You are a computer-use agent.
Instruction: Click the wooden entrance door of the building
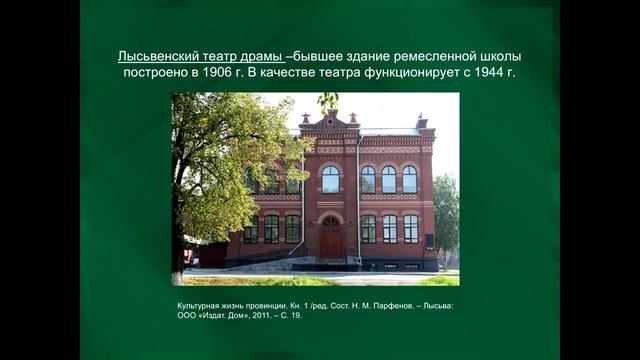tap(330, 239)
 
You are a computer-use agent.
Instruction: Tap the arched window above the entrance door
tap(330, 179)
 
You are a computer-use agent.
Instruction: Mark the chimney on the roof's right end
tap(422, 122)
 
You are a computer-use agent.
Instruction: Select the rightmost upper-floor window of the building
tap(409, 179)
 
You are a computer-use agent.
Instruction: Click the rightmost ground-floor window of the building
tap(410, 229)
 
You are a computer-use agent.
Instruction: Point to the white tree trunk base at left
tap(177, 270)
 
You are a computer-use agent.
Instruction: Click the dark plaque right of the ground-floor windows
tap(429, 241)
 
